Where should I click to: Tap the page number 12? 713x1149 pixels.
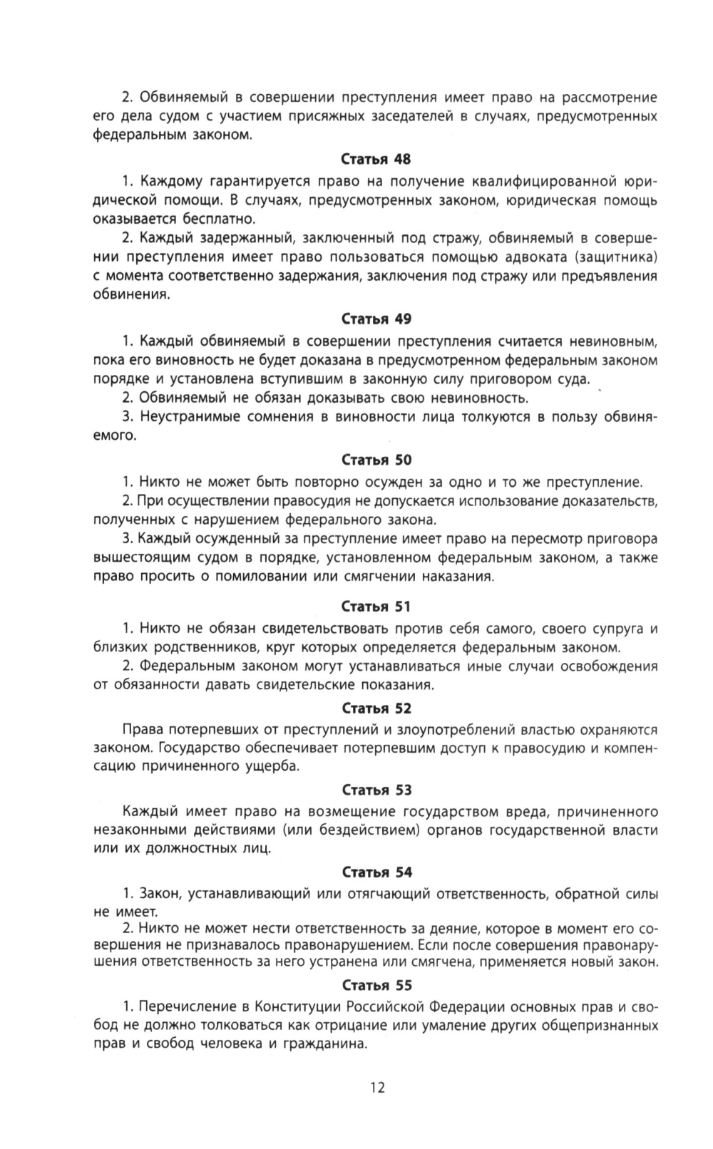point(377,1088)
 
